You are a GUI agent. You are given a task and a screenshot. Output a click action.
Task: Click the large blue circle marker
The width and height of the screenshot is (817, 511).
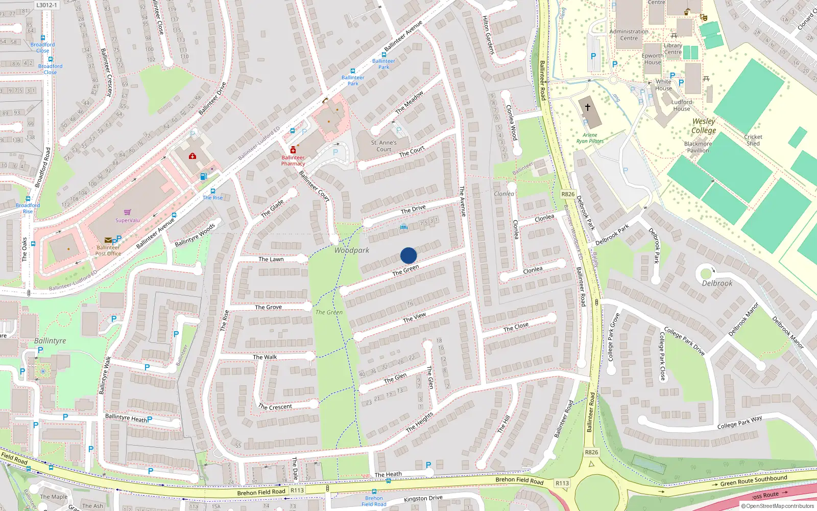tap(408, 255)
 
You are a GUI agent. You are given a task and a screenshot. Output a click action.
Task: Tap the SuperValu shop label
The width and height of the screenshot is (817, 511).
tap(127, 220)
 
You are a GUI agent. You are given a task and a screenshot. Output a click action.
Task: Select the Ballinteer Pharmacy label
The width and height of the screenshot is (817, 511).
tap(293, 160)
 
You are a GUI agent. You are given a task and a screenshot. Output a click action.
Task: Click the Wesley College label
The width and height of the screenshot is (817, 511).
tap(704, 126)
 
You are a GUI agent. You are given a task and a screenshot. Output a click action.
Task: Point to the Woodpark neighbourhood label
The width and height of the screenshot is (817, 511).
tap(351, 250)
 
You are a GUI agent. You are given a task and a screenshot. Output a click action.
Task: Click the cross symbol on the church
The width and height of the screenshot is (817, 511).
tap(588, 107)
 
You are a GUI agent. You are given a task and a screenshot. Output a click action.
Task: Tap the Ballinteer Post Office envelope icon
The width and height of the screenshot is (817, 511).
tap(108, 240)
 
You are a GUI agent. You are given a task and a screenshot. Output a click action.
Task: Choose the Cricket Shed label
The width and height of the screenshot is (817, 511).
tap(753, 140)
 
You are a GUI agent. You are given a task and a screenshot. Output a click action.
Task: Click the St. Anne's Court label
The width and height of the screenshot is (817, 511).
tap(383, 146)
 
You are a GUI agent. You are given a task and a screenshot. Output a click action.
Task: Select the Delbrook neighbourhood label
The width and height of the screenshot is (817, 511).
tap(717, 283)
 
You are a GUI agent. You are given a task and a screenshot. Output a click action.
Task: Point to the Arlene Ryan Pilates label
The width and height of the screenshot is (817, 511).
tap(590, 138)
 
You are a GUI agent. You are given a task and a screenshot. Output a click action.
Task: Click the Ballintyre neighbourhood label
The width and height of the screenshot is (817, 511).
tap(50, 341)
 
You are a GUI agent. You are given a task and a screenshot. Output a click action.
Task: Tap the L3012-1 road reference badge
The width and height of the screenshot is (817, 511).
tap(47, 5)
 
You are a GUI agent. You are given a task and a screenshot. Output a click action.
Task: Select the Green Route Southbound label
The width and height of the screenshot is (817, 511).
tap(754, 480)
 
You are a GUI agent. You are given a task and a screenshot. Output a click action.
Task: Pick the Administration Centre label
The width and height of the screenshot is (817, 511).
tap(629, 35)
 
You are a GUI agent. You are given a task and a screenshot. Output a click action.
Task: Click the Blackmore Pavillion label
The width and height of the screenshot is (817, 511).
tap(698, 147)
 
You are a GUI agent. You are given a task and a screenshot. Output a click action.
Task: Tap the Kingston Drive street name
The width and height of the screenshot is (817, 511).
tap(423, 498)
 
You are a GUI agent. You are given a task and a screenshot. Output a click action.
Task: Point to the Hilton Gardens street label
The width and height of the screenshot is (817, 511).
tap(488, 35)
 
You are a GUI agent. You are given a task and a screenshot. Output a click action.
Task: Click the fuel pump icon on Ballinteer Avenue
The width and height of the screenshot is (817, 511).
tap(204, 177)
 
